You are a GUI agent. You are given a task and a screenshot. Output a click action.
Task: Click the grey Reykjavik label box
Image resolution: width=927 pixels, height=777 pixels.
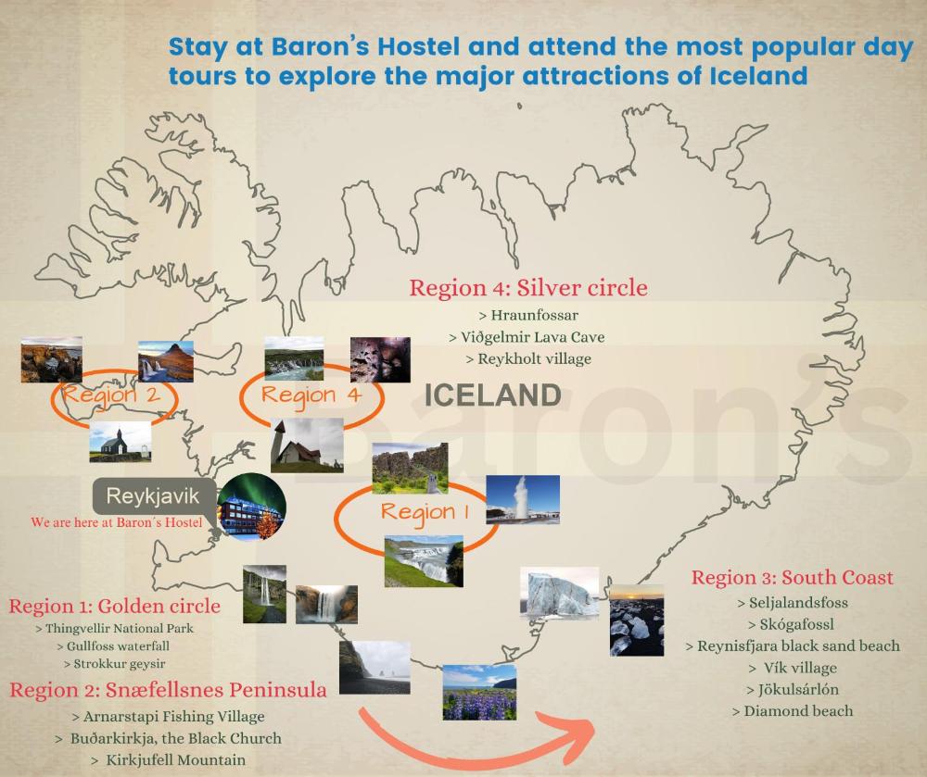pyautogui.click(x=153, y=496)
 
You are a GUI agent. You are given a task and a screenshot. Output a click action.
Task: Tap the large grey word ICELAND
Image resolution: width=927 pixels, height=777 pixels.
pyautogui.click(x=493, y=395)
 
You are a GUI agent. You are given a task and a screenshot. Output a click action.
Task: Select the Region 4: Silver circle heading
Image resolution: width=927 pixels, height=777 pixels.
pyautogui.click(x=528, y=287)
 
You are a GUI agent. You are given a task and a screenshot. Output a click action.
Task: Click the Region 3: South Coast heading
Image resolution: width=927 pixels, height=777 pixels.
pyautogui.click(x=793, y=578)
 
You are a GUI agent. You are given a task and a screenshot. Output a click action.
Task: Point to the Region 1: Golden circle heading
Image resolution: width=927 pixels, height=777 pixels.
pyautogui.click(x=115, y=607)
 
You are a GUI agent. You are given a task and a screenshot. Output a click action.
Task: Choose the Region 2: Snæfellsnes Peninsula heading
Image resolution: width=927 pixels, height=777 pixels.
pyautogui.click(x=168, y=689)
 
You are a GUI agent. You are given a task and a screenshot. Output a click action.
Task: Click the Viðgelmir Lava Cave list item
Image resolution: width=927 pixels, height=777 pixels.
pyautogui.click(x=527, y=336)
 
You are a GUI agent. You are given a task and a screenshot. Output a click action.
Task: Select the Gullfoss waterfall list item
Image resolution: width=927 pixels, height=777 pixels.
pyautogui.click(x=115, y=645)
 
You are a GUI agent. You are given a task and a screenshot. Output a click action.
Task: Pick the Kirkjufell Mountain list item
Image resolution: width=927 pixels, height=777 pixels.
pyautogui.click(x=168, y=759)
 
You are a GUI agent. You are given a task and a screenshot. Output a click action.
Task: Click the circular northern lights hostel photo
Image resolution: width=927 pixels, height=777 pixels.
pyautogui.click(x=251, y=508)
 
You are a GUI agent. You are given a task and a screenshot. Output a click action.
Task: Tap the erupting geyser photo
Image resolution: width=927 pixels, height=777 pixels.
pyautogui.click(x=522, y=500)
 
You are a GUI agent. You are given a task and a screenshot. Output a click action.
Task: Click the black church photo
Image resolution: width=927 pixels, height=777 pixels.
pyautogui.click(x=120, y=442)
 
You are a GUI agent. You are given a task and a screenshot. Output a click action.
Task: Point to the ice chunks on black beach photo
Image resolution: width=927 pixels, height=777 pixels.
pyautogui.click(x=636, y=620)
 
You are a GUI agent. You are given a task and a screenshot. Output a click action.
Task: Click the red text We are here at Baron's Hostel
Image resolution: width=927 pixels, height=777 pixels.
pyautogui.click(x=116, y=523)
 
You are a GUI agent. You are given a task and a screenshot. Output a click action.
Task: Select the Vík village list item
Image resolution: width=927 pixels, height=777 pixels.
pyautogui.click(x=792, y=667)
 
